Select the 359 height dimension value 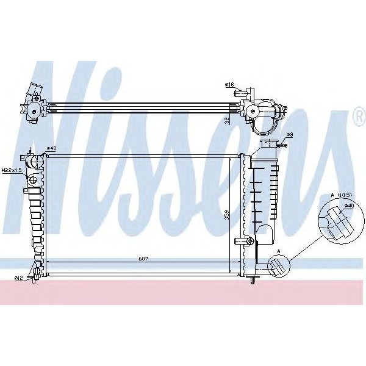point(227,215)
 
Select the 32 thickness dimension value point(227,120)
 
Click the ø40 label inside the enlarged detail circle point(349,206)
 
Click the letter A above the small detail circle point(279,251)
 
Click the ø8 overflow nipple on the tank point(282,145)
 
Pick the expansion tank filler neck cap point(267,143)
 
